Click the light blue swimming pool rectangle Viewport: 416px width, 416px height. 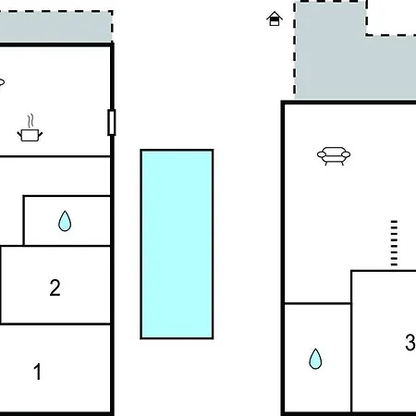[x=177, y=244]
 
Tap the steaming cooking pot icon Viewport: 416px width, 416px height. [x=30, y=128]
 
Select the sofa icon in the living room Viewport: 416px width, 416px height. [x=334, y=156]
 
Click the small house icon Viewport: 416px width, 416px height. [x=275, y=18]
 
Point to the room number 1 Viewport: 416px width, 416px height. [x=37, y=372]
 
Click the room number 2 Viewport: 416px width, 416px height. [x=55, y=288]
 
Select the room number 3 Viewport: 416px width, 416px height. [x=410, y=342]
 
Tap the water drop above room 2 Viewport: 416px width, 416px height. [x=65, y=221]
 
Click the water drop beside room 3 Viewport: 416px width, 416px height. [x=315, y=359]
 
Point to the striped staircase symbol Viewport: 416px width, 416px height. [x=394, y=243]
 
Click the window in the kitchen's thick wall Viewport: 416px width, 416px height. [x=112, y=122]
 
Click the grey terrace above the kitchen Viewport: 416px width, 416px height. [x=55, y=27]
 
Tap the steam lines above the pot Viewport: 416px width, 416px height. [x=31, y=121]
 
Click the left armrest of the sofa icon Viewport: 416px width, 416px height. [x=322, y=154]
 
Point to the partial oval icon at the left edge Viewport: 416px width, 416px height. [x=2, y=82]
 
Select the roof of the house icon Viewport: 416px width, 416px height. [x=275, y=16]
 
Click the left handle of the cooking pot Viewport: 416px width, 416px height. [x=19, y=134]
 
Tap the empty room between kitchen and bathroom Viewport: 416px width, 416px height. [x=55, y=176]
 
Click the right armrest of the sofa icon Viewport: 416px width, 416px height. [x=346, y=154]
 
